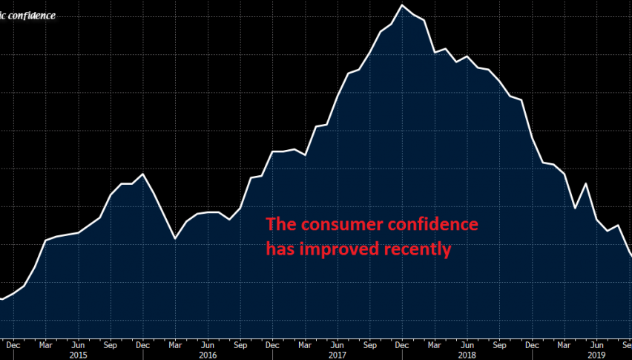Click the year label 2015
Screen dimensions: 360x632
pos(78,355)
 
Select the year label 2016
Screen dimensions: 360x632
pos(208,355)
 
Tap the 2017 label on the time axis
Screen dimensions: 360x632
pos(337,355)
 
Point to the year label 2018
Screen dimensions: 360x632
pos(466,355)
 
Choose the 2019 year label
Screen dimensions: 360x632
pos(595,355)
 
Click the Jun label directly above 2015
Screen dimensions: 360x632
pos(78,344)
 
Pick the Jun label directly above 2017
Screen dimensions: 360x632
pos(337,344)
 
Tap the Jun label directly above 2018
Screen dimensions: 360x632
pos(466,344)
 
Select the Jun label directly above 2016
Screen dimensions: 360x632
pos(208,344)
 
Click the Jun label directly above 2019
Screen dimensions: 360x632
pos(595,344)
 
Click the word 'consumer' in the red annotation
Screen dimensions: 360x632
pos(331,225)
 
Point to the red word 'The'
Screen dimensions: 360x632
pos(280,224)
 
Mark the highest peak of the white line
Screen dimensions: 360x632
pos(402,5)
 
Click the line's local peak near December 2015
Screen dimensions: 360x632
pos(142,174)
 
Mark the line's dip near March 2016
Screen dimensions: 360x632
pos(175,238)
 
